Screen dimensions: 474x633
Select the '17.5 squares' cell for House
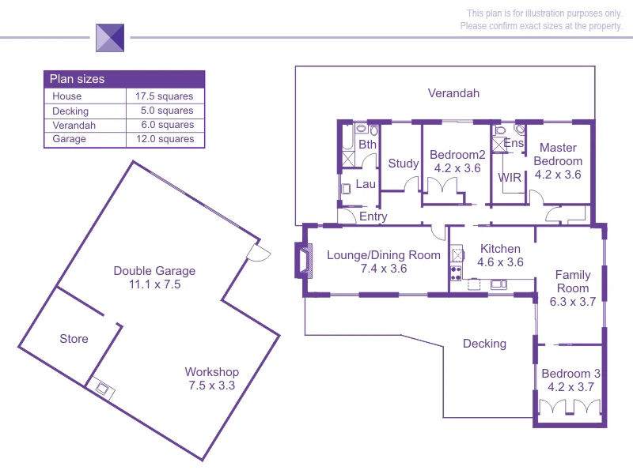165,96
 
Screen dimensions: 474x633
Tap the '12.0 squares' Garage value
165,139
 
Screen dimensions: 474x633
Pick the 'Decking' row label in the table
70,111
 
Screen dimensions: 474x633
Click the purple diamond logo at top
110,37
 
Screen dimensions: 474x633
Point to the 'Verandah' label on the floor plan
453,93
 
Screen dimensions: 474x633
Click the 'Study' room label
404,164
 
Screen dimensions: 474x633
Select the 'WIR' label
510,177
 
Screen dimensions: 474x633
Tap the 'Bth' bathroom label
367,145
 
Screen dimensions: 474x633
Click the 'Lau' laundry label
365,184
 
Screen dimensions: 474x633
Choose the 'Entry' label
373,216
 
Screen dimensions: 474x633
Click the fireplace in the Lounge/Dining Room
303,261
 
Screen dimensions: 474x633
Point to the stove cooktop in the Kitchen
457,274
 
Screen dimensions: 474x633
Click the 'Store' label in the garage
74,339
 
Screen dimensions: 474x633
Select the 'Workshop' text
211,372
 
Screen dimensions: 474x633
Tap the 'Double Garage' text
154,271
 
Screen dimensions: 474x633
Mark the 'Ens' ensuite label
514,144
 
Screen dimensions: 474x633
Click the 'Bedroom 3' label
570,374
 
